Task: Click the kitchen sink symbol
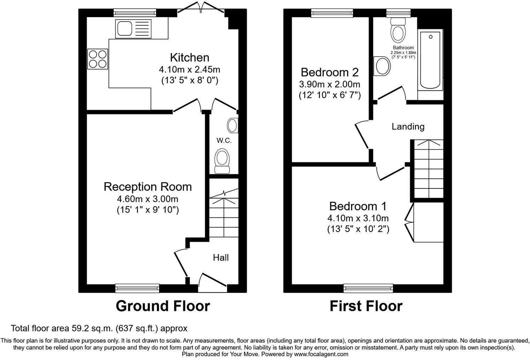tap(134, 29)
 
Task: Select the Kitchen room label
tap(189, 58)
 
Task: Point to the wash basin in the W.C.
tap(233, 126)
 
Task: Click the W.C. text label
tap(224, 141)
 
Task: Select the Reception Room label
tap(147, 187)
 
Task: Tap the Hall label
tap(221, 257)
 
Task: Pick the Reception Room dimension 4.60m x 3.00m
tap(147, 199)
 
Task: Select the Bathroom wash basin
tap(382, 66)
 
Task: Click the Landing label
tap(408, 126)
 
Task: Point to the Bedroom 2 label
tap(330, 72)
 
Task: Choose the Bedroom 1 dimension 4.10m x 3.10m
tap(358, 218)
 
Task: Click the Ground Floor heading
tap(162, 306)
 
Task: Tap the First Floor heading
tap(366, 306)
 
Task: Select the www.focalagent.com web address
tap(321, 354)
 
